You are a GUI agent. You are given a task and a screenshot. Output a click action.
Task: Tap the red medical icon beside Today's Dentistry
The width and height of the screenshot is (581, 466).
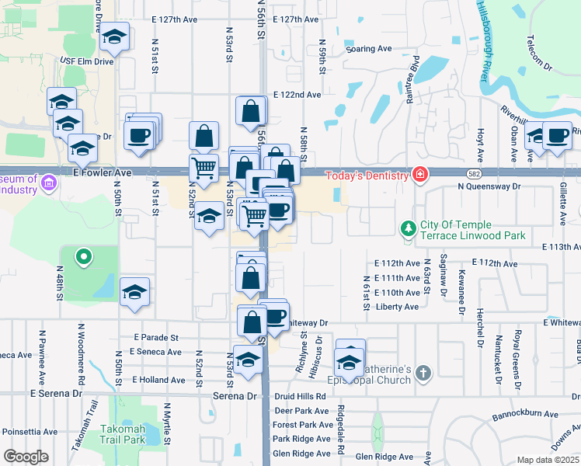click(420, 174)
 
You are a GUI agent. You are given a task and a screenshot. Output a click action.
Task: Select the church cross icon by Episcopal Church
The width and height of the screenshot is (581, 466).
click(423, 374)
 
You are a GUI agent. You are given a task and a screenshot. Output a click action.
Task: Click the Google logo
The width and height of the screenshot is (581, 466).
click(26, 457)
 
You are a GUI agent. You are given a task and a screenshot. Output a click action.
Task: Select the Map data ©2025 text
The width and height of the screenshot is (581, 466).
click(547, 460)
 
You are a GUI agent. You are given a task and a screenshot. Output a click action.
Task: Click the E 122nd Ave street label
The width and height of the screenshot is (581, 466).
click(297, 95)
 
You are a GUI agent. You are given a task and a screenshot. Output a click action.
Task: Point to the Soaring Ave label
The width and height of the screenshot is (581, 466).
click(369, 48)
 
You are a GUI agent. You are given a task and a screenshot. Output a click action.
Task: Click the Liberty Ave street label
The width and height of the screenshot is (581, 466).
click(396, 307)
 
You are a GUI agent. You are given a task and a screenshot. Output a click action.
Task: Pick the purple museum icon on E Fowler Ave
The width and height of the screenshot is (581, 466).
click(50, 183)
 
